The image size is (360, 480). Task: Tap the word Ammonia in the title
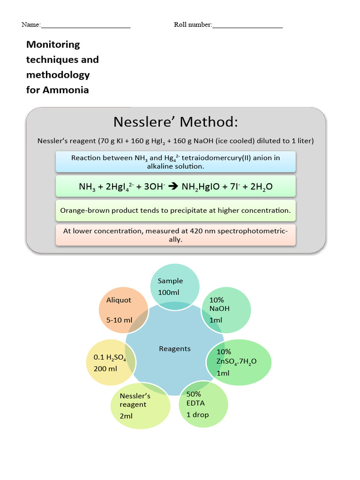click(66, 90)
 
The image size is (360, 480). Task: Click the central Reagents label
click(175, 348)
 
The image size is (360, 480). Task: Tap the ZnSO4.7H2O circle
click(239, 362)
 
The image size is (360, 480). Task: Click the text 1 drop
click(197, 414)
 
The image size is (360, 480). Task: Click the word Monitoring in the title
click(53, 45)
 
